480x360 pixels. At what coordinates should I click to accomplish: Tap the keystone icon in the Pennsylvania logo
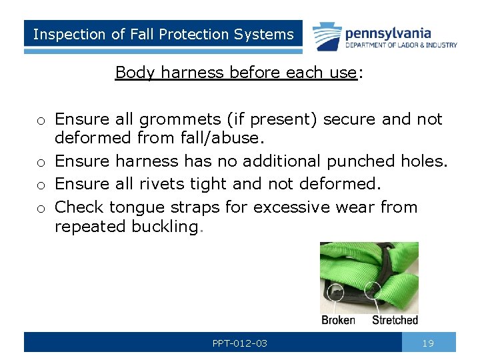click(x=325, y=35)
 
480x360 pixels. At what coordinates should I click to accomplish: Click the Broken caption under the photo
click(x=338, y=320)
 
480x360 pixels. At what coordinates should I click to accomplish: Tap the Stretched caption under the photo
click(x=395, y=320)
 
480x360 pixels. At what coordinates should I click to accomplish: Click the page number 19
click(x=428, y=343)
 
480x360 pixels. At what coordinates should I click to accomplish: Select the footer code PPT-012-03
click(x=240, y=343)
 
